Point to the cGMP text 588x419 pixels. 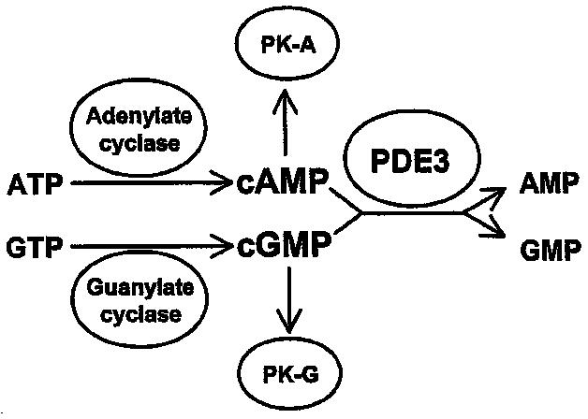point(283,247)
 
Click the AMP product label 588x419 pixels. point(547,183)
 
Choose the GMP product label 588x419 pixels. point(547,250)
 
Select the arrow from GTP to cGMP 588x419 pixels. point(150,249)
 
